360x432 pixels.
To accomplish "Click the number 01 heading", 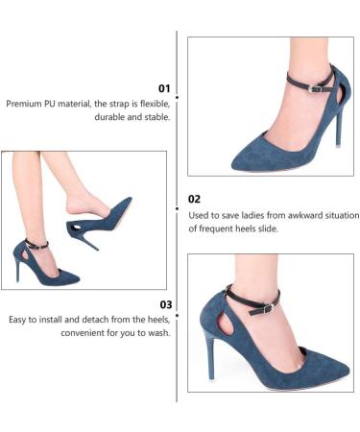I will pos(162,86).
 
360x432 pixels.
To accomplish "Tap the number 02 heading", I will pos(193,199).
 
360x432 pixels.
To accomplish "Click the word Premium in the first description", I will pos(26,103).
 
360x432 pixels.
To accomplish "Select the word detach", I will pos(92,319).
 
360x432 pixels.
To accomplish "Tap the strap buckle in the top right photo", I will pos(315,88).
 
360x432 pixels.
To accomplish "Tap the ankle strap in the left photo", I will pos(35,246).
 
